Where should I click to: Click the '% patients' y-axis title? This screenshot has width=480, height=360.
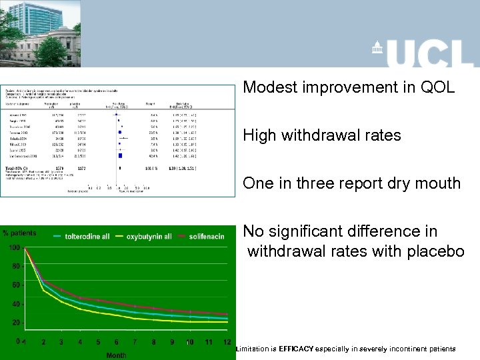(x=19, y=233)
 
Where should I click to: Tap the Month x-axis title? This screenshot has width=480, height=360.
(x=116, y=355)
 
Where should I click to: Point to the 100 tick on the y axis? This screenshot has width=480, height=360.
(x=13, y=248)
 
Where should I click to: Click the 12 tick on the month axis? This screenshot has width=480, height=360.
(x=227, y=342)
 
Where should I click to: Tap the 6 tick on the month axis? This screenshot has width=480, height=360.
(x=117, y=342)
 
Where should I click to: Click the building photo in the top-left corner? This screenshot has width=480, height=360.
(x=40, y=33)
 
